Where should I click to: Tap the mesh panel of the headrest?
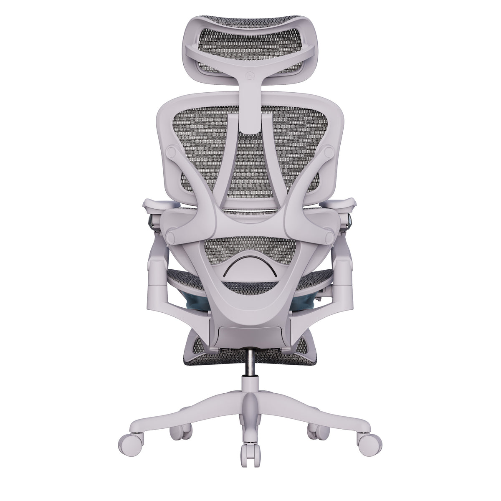tap(250, 38)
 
